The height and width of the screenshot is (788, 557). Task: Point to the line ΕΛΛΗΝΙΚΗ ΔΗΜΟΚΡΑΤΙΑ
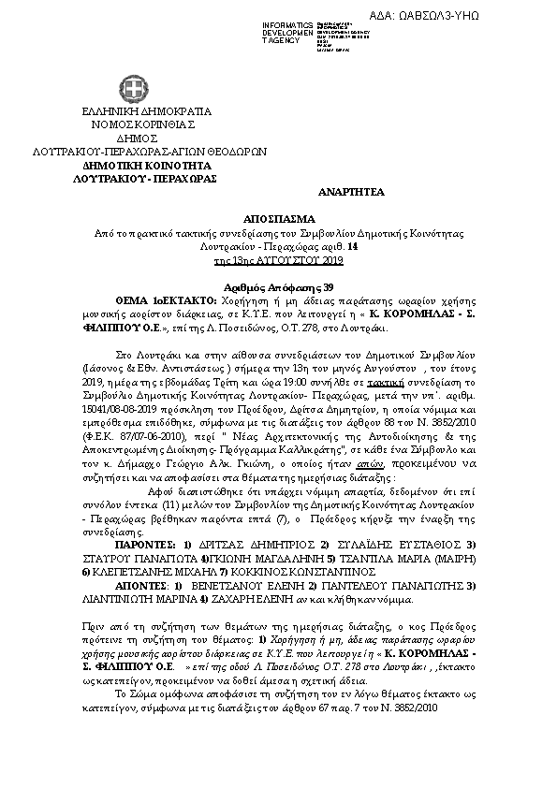pos(138,111)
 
